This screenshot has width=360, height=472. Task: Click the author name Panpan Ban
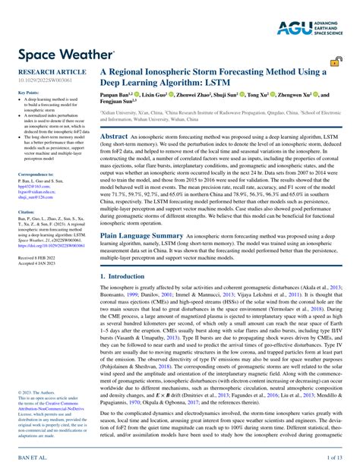[x=118, y=96]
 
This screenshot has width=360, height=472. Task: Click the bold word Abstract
[x=114, y=135]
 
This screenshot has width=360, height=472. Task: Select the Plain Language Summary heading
[x=142, y=235]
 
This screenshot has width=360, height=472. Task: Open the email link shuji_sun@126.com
[x=36, y=196]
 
